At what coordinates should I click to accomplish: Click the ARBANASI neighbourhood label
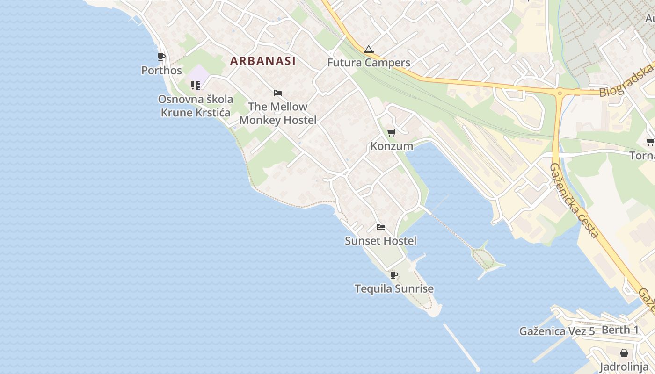[x=262, y=61]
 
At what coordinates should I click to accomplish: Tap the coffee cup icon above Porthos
[x=161, y=57]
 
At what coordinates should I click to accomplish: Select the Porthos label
[x=161, y=71]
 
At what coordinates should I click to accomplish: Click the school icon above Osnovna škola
[x=195, y=86]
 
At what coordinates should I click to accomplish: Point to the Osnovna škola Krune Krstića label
[x=196, y=106]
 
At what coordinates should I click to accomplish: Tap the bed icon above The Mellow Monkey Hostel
[x=278, y=93]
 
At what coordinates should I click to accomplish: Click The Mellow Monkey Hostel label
[x=278, y=113]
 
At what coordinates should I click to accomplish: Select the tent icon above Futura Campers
[x=369, y=49]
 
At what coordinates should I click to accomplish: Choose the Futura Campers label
[x=369, y=63]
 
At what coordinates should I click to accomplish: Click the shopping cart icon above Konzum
[x=392, y=132]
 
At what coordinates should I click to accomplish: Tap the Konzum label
[x=392, y=146]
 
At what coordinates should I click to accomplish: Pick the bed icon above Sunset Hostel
[x=381, y=228]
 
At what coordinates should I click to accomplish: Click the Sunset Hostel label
[x=380, y=241]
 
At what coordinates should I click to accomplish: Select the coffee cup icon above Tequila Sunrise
[x=394, y=275]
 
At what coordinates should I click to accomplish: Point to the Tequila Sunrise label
[x=394, y=289]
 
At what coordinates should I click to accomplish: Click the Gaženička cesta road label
[x=574, y=201]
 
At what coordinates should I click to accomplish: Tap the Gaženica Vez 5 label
[x=557, y=331]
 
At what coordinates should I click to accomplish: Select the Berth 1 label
[x=620, y=330]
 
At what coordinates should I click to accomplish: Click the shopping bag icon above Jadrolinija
[x=624, y=352]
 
